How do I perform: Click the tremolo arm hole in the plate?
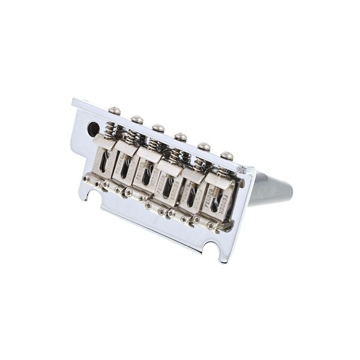93,128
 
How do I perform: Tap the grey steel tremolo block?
269,189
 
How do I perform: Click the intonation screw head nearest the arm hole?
114,110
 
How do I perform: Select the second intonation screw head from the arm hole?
137,119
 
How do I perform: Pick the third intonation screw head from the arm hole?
158,128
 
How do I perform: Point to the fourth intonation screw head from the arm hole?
181,137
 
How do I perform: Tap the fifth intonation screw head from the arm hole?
204,146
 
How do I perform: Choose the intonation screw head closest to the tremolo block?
227,155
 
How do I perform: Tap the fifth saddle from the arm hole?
190,193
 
